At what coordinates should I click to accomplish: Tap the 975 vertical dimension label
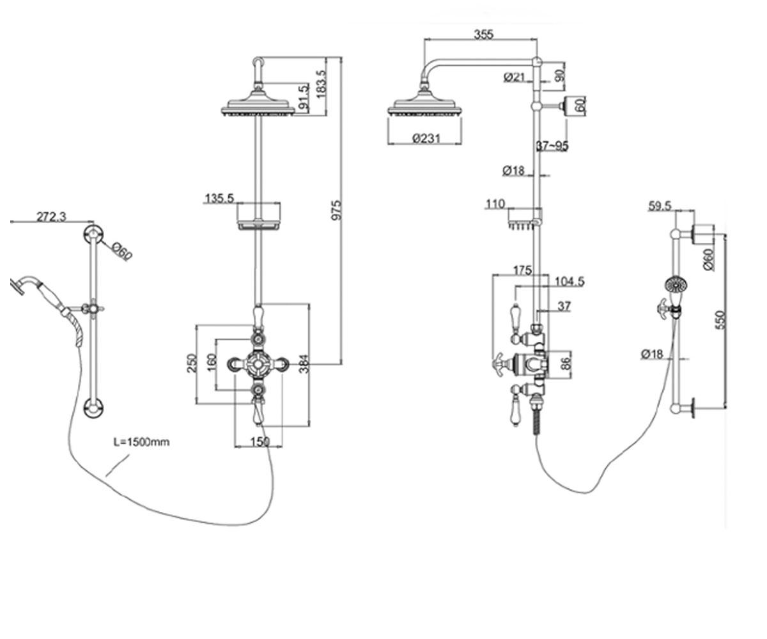(336, 210)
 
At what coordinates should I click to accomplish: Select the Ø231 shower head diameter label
(426, 139)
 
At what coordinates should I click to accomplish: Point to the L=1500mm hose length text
(141, 442)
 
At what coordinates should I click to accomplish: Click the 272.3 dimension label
(51, 217)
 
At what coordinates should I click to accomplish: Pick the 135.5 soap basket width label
(219, 199)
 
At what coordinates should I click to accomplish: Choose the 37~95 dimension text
(552, 146)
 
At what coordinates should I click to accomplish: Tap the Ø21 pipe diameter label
(515, 77)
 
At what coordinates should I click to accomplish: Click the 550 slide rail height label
(721, 319)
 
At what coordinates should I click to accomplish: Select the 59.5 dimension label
(660, 206)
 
